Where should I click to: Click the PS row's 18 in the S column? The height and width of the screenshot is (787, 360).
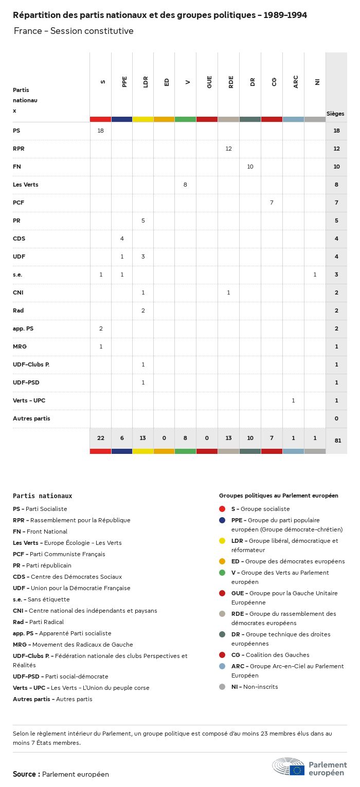tap(100, 131)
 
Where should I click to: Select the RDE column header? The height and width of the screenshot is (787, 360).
tap(231, 81)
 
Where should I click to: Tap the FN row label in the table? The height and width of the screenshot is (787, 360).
tap(17, 167)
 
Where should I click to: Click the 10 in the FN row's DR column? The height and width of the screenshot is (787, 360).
tap(250, 167)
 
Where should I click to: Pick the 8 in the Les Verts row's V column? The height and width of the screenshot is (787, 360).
tap(185, 185)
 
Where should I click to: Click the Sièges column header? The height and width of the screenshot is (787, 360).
tap(335, 114)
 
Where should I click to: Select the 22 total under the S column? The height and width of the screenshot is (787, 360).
tap(100, 438)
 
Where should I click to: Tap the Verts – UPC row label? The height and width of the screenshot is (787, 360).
tap(29, 400)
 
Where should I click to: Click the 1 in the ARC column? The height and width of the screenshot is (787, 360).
tap(293, 400)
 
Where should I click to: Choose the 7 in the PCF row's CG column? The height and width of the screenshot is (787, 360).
tap(272, 203)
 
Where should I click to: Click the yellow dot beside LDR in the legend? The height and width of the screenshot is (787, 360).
tap(222, 541)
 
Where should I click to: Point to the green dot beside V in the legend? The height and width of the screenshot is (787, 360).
tap(222, 573)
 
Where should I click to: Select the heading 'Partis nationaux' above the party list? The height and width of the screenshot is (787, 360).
tap(42, 496)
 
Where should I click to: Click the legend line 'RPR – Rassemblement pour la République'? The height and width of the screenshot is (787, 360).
tap(71, 520)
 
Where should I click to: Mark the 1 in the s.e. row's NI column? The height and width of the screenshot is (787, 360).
tap(315, 274)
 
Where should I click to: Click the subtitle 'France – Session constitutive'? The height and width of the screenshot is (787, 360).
tap(74, 31)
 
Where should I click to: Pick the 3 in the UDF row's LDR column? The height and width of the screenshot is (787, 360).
tap(143, 257)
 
